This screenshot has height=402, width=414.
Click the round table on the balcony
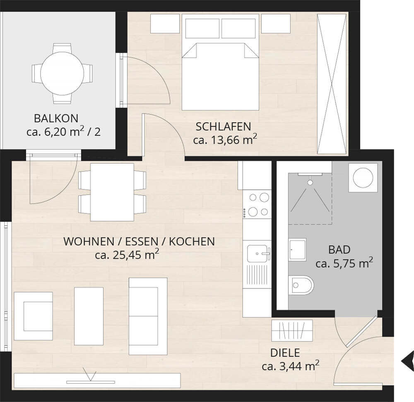coord(62,73)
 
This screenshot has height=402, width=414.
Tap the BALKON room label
coord(56,119)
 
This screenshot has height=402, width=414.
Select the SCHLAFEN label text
coord(224,127)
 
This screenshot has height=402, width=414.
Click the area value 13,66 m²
coord(225,140)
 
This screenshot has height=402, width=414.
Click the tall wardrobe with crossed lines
coord(332,84)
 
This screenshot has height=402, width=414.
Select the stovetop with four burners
coord(257,204)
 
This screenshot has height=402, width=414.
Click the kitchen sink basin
coord(257,253)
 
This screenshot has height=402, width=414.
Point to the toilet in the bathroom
coord(301,285)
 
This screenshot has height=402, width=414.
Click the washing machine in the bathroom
coord(363,177)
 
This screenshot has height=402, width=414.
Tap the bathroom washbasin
coord(297,249)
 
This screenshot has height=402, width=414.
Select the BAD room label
coord(339,250)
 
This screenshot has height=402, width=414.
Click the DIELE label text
coord(285,353)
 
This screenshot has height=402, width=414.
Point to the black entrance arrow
coord(407,361)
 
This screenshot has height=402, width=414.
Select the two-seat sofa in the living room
coord(148,316)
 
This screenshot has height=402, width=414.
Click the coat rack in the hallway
coord(292,330)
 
